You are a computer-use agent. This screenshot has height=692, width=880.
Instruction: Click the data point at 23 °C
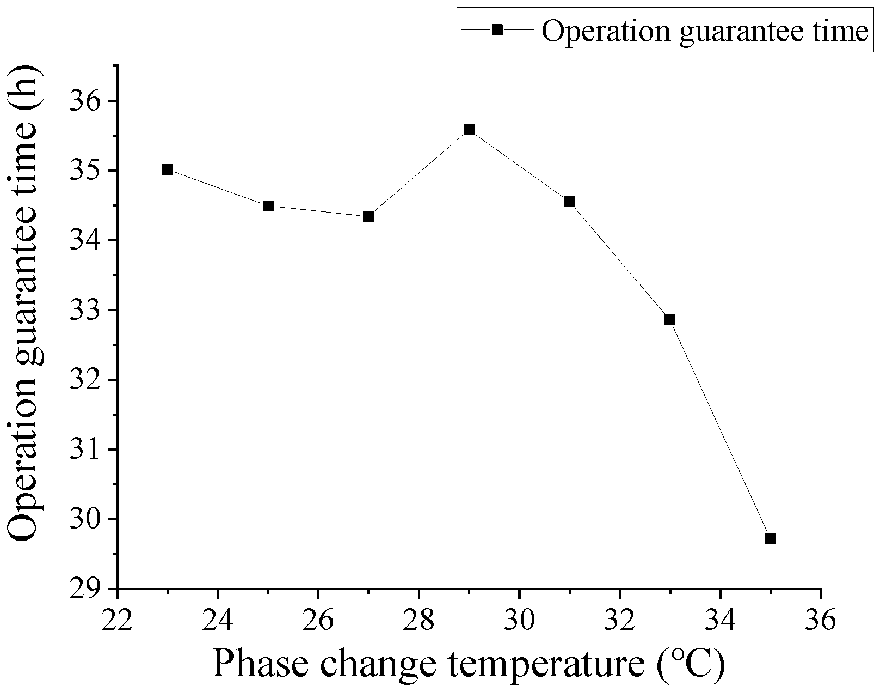(168, 169)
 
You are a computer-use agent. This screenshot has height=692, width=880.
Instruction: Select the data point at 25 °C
(268, 206)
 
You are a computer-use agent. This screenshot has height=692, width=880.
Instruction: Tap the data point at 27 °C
(368, 216)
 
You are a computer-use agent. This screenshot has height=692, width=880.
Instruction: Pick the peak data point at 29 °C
(469, 130)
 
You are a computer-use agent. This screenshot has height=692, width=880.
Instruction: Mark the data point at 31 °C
(570, 202)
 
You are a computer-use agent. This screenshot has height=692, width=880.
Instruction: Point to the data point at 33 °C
(670, 320)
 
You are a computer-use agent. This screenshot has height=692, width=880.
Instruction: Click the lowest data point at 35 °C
(770, 539)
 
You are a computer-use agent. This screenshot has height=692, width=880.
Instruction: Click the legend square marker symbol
(497, 31)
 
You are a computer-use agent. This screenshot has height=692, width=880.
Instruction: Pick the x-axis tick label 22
(117, 620)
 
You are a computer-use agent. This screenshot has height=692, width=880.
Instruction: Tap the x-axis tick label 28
(419, 620)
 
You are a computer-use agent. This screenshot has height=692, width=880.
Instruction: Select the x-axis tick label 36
(820, 620)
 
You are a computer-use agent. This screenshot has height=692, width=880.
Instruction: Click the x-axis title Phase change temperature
(468, 664)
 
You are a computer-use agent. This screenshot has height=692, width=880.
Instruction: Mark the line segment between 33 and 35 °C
(720, 429)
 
